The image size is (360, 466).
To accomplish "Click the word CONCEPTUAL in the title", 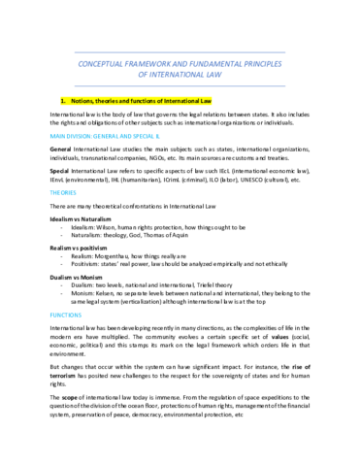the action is [x=100, y=58].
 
